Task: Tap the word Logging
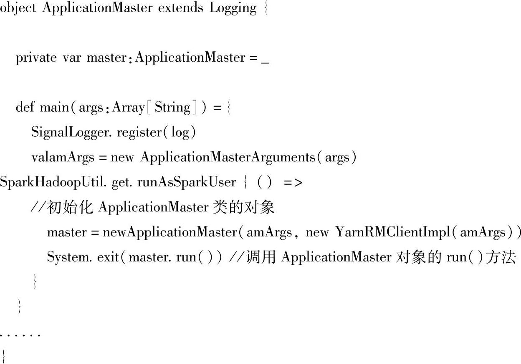(x=233, y=9)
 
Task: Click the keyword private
(x=36, y=58)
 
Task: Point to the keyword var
(x=72, y=58)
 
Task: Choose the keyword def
(x=25, y=107)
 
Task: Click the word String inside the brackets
(x=172, y=107)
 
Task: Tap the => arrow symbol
(x=293, y=183)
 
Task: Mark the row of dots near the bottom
(x=20, y=334)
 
